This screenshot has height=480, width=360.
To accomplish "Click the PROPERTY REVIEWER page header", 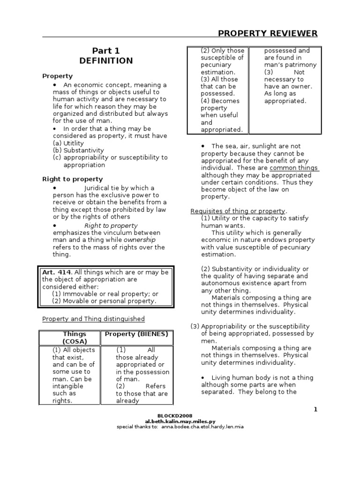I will [268, 33].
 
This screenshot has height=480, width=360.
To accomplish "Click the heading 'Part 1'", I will [105, 51].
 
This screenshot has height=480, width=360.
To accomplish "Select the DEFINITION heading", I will [105, 61].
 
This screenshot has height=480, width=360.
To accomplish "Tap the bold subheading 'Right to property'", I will [72, 179].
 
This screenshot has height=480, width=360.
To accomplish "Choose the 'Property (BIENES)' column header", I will [137, 334].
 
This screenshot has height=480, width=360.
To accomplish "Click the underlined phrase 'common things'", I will [294, 168].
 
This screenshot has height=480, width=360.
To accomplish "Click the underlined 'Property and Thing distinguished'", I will [93, 319].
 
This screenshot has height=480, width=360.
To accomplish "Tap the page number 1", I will [315, 409].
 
